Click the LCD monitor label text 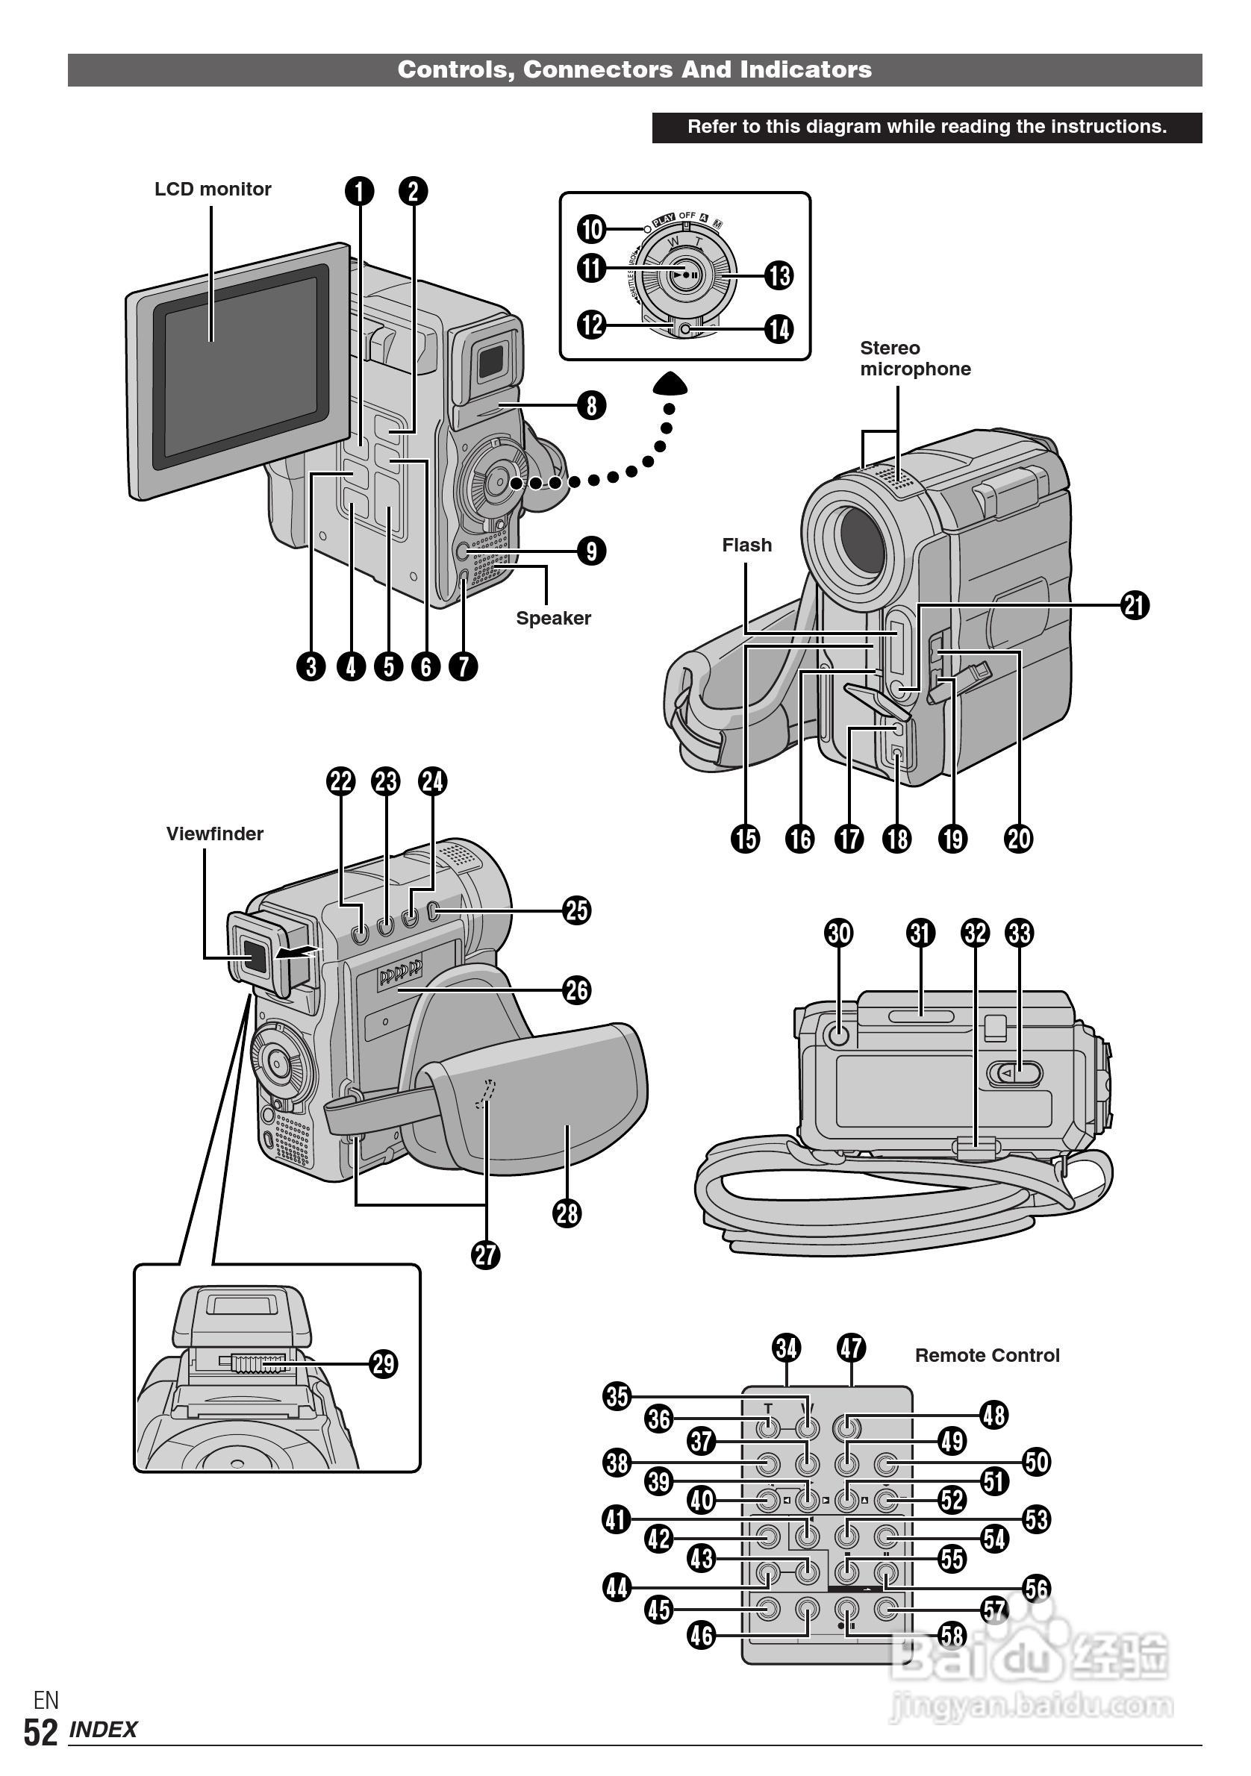pos(213,190)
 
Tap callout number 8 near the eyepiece pos(592,404)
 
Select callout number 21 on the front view pos(1135,605)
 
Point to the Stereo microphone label pos(914,359)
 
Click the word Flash pos(746,545)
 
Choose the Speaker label pos(553,618)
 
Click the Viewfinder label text pos(214,834)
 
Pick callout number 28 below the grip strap pos(567,1213)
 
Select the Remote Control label pos(988,1355)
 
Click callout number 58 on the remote pos(952,1635)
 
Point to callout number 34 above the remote pos(787,1348)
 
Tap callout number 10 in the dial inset pos(592,229)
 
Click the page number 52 pos(40,1733)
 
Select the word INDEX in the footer pos(104,1730)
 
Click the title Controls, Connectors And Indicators pos(634,69)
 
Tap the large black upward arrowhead pos(670,383)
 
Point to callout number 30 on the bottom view pos(840,934)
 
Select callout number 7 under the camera pos(464,666)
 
